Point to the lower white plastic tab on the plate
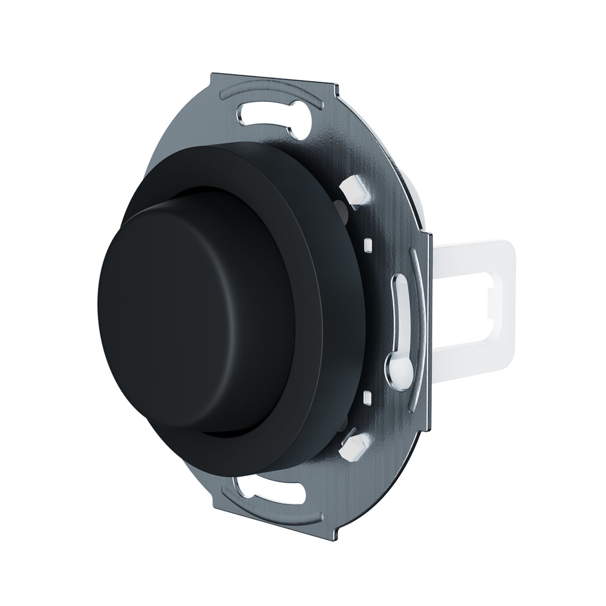click(354, 446)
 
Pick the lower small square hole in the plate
click(367, 394)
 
